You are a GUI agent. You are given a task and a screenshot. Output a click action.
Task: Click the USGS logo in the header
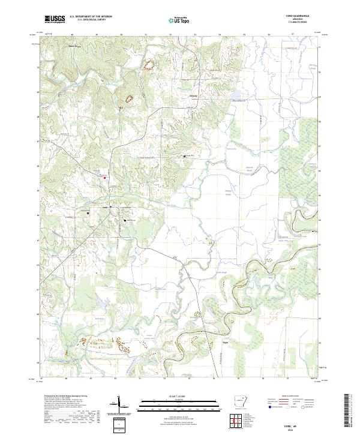point(55,20)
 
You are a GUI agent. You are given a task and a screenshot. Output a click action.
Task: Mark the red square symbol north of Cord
point(104,178)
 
